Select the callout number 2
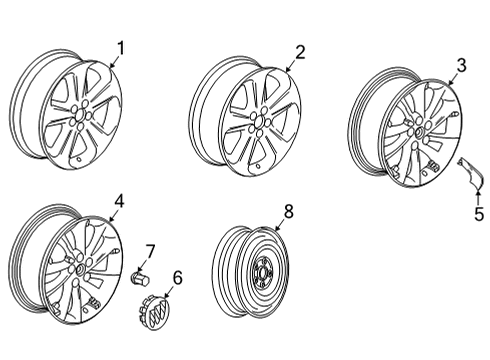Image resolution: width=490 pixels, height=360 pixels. point(299,51)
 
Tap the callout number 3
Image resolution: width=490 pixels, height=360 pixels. point(461,65)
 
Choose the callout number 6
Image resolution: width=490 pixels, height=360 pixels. point(178,276)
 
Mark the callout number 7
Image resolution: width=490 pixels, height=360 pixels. point(150,250)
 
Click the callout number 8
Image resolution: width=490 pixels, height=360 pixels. point(288,211)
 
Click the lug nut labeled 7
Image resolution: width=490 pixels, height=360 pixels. point(141,274)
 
